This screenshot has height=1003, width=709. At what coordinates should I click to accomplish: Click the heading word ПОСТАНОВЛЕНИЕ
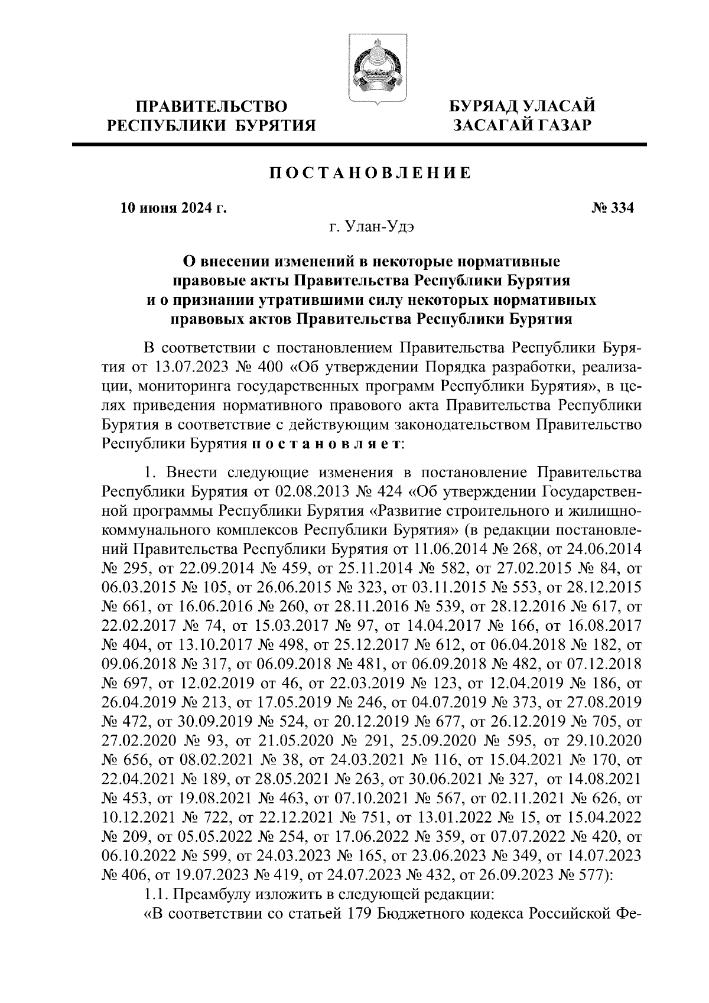pyautogui.click(x=370, y=173)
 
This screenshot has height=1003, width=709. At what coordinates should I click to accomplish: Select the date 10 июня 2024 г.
pyautogui.click(x=173, y=208)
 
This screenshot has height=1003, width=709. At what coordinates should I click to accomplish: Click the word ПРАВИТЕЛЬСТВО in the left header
pyautogui.click(x=212, y=107)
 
